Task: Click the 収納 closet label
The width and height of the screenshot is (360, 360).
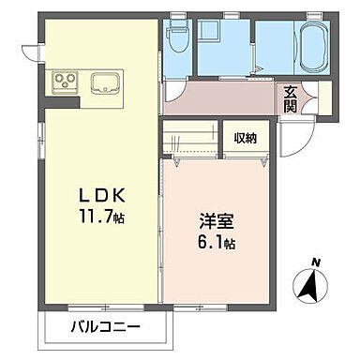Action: point(246,137)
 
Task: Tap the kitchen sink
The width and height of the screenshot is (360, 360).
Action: point(105,82)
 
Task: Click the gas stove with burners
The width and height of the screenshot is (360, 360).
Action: point(67,81)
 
